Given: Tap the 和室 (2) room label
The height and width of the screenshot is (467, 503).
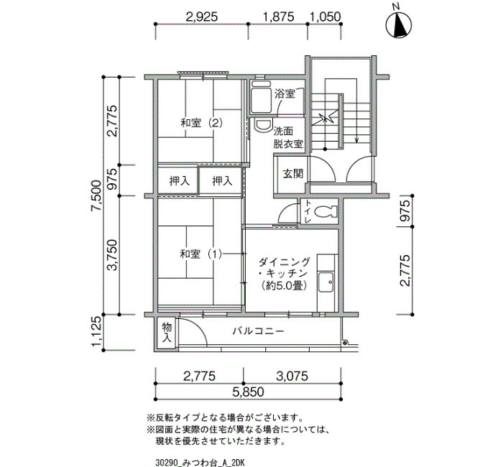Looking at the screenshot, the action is (x=201, y=123).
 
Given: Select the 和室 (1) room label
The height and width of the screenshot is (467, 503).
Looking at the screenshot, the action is (x=200, y=254).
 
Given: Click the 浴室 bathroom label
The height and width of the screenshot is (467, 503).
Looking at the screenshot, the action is (x=285, y=94).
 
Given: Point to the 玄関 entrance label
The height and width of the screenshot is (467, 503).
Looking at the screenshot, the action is (x=292, y=174).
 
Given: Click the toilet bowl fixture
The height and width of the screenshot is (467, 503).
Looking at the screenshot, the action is (x=326, y=212).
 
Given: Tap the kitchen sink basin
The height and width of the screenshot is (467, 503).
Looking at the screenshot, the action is (x=326, y=282).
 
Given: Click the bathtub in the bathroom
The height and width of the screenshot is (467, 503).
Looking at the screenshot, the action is (x=260, y=99).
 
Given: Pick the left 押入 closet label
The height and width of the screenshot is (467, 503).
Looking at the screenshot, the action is (x=180, y=182).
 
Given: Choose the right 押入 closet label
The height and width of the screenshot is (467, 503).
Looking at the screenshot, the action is (x=222, y=181).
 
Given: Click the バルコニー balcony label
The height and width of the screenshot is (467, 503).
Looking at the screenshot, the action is (x=258, y=330).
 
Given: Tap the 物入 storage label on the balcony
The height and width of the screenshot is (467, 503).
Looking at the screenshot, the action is (x=167, y=333).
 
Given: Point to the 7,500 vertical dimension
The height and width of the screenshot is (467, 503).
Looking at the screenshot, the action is (x=96, y=195).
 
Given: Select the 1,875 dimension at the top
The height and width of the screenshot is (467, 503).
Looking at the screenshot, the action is (x=278, y=17).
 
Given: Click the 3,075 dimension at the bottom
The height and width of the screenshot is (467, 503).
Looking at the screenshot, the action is (x=292, y=376).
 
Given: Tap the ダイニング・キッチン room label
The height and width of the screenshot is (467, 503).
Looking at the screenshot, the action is (x=285, y=274).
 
